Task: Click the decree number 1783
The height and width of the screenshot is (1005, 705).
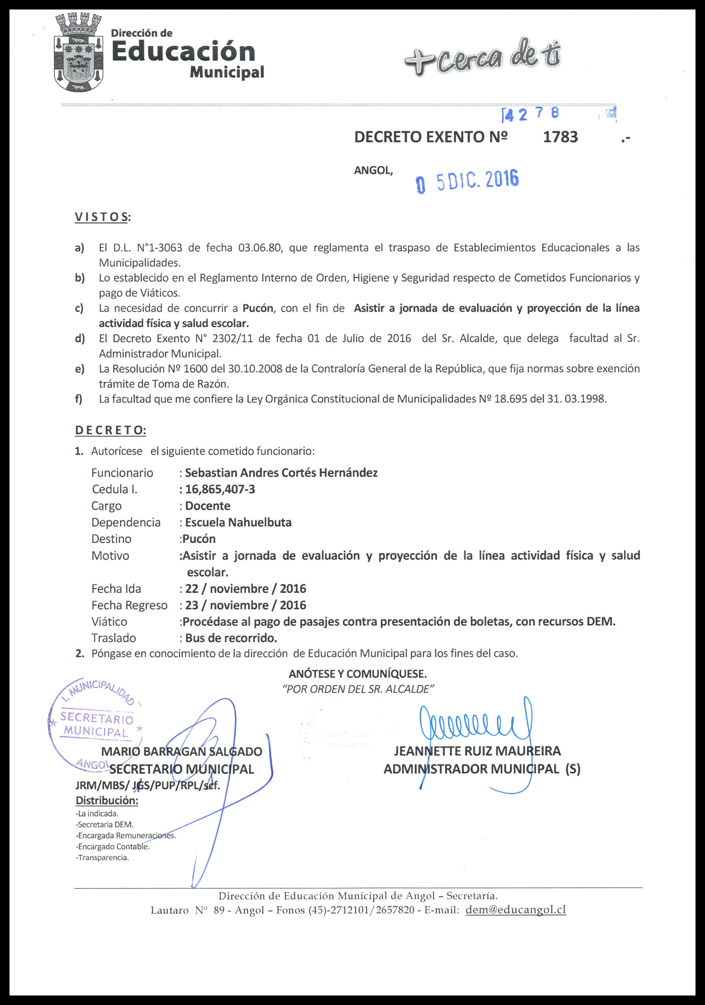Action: pos(560,137)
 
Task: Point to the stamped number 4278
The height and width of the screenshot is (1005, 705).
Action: pos(532,114)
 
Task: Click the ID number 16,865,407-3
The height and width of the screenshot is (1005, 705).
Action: pos(220,489)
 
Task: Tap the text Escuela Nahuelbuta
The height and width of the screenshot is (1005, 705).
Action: pos(238,522)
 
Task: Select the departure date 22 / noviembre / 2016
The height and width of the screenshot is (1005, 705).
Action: pos(245,588)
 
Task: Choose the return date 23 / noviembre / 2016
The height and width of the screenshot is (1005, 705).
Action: pos(245,605)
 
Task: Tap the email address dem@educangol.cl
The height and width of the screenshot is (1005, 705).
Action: pos(516,910)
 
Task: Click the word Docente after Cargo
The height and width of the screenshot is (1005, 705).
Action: pos(208,506)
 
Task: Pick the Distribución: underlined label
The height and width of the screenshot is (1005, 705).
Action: pos(107,800)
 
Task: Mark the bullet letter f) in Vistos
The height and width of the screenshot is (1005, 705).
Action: pos(79,399)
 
